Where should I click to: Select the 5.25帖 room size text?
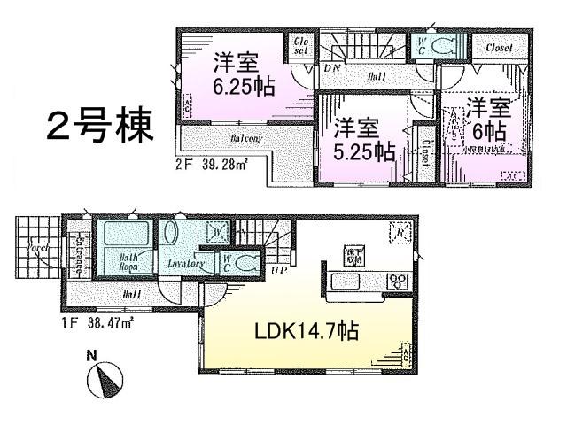click(x=364, y=151)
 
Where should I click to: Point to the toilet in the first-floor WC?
click(x=245, y=262)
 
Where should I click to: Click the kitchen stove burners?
click(x=398, y=282)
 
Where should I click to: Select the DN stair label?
click(x=334, y=68)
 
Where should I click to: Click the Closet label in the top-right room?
click(x=499, y=48)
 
